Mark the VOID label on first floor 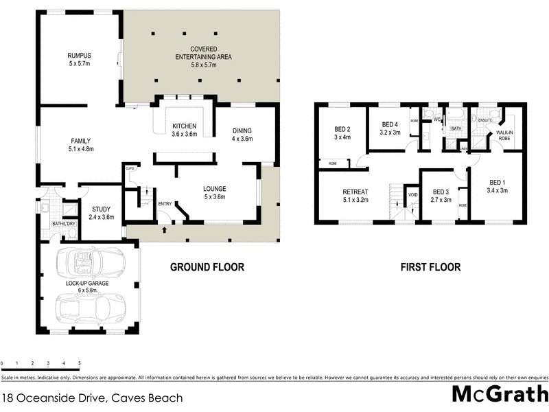[412, 194]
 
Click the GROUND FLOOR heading [207, 267]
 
